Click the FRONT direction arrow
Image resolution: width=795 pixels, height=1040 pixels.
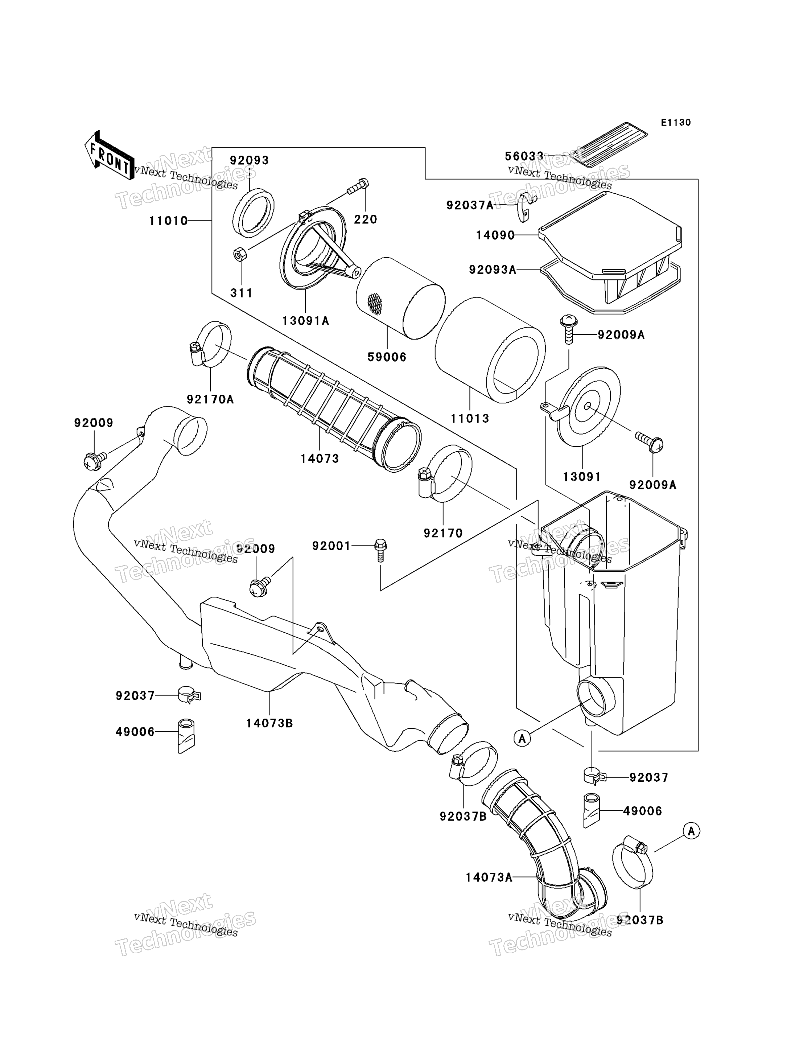[x=109, y=155]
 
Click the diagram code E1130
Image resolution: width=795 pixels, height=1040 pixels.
[x=676, y=123]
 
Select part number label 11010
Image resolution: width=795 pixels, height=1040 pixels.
[x=168, y=221]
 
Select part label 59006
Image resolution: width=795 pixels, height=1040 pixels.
[x=387, y=357]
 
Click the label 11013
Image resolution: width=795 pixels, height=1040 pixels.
[x=470, y=419]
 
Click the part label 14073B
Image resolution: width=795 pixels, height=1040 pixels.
[x=269, y=723]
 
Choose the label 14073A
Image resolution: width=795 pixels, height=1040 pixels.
[x=489, y=877]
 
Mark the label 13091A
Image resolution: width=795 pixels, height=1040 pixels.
[x=306, y=321]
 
